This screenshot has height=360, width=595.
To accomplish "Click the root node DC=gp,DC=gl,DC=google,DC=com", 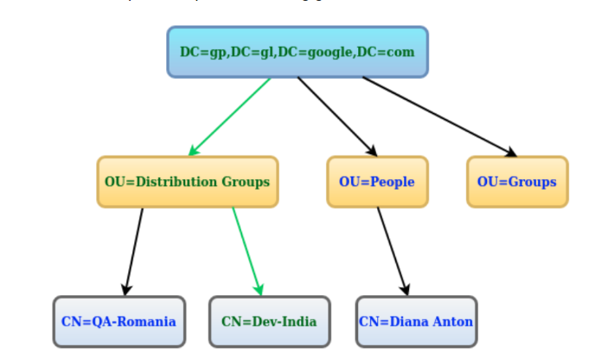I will pyautogui.click(x=297, y=52).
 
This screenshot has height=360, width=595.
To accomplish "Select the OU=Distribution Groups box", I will pyautogui.click(x=188, y=182).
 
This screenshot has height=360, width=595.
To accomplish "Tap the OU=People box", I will pyautogui.click(x=377, y=182).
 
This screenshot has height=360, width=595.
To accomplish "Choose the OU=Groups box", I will pyautogui.click(x=517, y=182).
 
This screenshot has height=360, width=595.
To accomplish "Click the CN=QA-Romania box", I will pyautogui.click(x=118, y=322).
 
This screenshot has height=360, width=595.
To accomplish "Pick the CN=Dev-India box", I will pyautogui.click(x=269, y=322).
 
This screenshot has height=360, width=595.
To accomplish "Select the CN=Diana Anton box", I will pyautogui.click(x=416, y=322).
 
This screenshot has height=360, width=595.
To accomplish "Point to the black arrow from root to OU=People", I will pyautogui.click(x=337, y=116).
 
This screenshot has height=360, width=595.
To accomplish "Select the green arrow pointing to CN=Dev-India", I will pyautogui.click(x=246, y=251).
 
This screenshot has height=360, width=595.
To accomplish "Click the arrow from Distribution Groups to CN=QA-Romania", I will pyautogui.click(x=134, y=251).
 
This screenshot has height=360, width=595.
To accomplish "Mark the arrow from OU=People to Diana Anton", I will pyautogui.click(x=392, y=251).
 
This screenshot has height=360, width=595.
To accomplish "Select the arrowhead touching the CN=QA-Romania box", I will pyautogui.click(x=127, y=289).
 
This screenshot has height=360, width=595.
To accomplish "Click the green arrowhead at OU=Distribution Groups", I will pyautogui.click(x=194, y=151).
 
